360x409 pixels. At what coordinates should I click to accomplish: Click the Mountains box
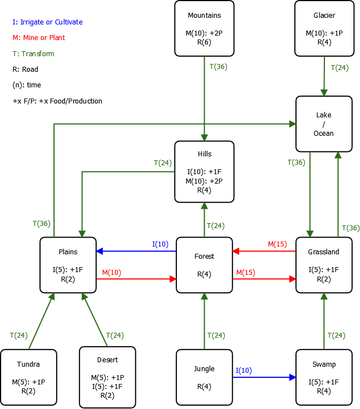click(x=204, y=28)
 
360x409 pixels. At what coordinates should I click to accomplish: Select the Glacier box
click(x=324, y=28)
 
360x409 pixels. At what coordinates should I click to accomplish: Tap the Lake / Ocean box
click(x=324, y=124)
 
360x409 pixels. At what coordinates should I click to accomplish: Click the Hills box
click(x=204, y=171)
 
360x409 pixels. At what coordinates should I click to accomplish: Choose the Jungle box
click(x=204, y=377)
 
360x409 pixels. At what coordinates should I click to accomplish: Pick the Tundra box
click(x=28, y=377)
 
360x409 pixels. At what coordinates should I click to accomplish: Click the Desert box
click(x=107, y=377)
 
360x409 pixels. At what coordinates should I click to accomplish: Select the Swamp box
click(x=324, y=377)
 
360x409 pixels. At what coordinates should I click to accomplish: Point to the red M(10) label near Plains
click(x=111, y=272)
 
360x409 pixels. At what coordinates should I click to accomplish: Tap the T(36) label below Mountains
click(x=218, y=66)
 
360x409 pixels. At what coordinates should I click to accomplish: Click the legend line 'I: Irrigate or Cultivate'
click(x=47, y=22)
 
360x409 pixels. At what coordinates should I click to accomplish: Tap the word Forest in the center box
click(x=204, y=257)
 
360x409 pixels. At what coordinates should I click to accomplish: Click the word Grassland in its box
click(x=324, y=252)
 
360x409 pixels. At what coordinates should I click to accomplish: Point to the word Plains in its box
click(x=68, y=252)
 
